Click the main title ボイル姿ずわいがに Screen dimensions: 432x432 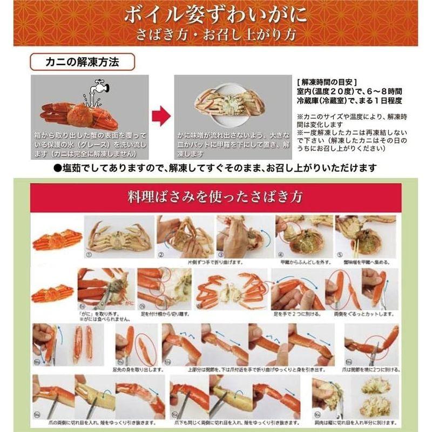[x=216, y=15]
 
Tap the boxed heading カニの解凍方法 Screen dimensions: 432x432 [x=83, y=62]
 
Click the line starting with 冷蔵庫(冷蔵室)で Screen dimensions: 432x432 [x=352, y=100]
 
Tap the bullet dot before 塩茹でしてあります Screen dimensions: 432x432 [x=58, y=168]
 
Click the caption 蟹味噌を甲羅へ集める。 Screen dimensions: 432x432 [x=364, y=261]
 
